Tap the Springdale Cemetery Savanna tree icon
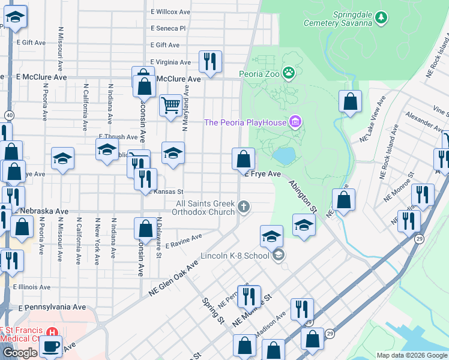pyautogui.click(x=381, y=18)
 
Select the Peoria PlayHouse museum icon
pyautogui.click(x=295, y=122)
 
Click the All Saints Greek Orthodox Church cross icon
pyautogui.click(x=243, y=207)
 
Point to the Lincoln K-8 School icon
pyautogui.click(x=278, y=256)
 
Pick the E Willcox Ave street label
pyautogui.click(x=170, y=11)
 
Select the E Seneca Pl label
pyautogui.click(x=169, y=28)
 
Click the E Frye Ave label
pyautogui.click(x=262, y=174)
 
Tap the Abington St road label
pyautogui.click(x=302, y=196)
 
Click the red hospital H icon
pyautogui.click(x=52, y=331)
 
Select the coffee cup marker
pyautogui.click(x=50, y=346)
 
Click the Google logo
pyautogui.click(x=19, y=353)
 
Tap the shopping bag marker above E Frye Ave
pyautogui.click(x=244, y=160)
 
